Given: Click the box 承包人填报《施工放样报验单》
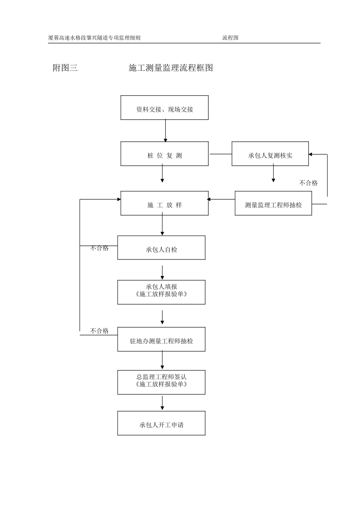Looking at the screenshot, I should (x=161, y=292).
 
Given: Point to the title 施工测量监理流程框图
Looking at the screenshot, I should (x=171, y=68).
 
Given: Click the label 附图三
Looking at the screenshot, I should (x=65, y=68).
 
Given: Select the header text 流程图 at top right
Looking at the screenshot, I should (x=230, y=38).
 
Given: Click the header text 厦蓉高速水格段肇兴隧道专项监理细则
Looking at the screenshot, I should (x=94, y=38).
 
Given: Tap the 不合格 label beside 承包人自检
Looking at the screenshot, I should (x=99, y=248).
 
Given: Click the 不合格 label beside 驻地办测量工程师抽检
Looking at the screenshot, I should (x=99, y=331).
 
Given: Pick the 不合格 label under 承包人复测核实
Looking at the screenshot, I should (x=308, y=183).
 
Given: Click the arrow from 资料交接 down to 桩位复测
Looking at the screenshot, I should (x=165, y=131).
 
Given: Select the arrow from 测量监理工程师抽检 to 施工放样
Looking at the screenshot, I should (x=222, y=199).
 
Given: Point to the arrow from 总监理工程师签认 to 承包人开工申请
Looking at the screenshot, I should (x=162, y=403).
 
